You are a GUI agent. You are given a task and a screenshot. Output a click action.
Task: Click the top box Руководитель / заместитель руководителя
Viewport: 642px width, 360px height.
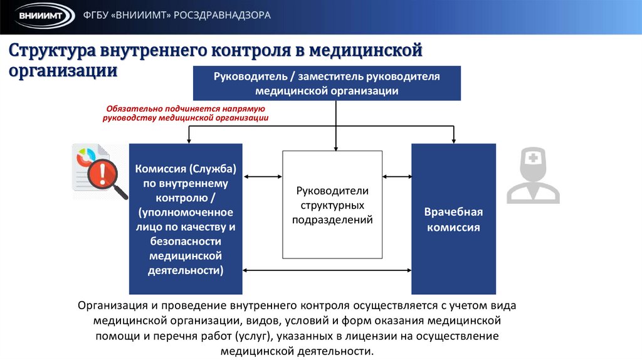pyautogui.click(x=327, y=83)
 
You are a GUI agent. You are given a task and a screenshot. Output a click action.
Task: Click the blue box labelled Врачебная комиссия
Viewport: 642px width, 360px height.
pyautogui.click(x=453, y=219)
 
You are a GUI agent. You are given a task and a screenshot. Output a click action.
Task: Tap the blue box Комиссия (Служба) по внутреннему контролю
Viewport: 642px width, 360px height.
pyautogui.click(x=186, y=219)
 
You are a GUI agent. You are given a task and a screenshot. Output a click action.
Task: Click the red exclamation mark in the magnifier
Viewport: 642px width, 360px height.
pyautogui.click(x=98, y=172)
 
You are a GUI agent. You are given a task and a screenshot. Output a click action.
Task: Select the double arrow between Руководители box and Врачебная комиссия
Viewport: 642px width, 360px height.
pyautogui.click(x=396, y=177)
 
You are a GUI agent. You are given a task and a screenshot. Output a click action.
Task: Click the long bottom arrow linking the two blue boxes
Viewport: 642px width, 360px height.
pyautogui.click(x=327, y=270)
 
